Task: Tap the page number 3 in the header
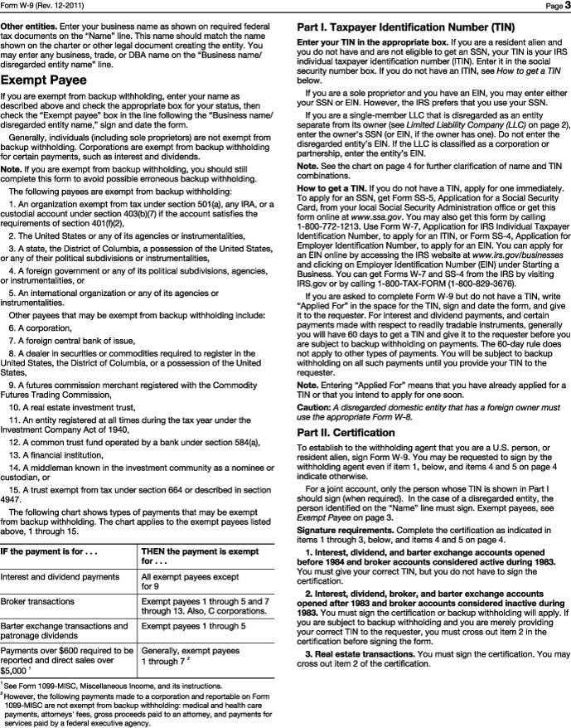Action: click(x=561, y=7)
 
